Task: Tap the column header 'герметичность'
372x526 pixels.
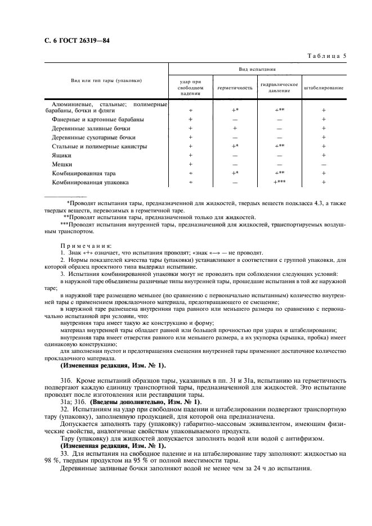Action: [x=235, y=88]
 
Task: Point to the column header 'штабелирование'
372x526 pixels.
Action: [x=324, y=88]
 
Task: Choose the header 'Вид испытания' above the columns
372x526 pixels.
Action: [x=257, y=70]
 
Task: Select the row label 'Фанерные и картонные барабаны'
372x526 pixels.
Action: [x=97, y=119]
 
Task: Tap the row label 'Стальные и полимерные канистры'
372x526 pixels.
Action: [x=99, y=146]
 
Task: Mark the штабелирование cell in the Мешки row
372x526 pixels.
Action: [x=324, y=164]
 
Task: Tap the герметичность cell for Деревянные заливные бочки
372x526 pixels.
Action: [x=235, y=128]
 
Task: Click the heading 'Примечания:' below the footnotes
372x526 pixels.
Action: [x=86, y=246]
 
